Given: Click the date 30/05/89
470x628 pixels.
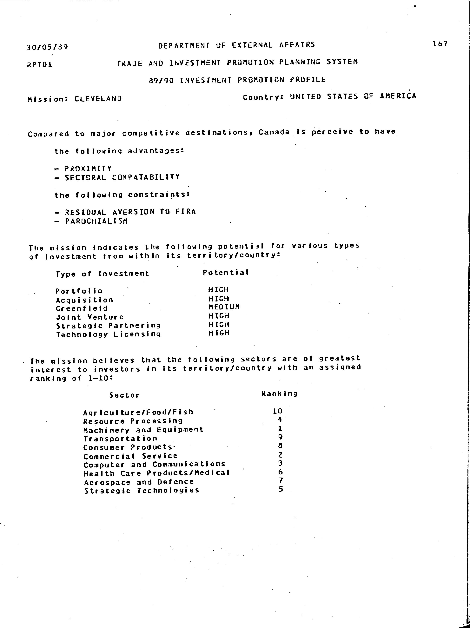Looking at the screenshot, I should click(x=47, y=47).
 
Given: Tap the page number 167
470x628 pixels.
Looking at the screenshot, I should click(x=440, y=44).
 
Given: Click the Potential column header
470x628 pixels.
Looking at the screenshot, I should click(x=226, y=273).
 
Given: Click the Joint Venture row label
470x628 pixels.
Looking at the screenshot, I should click(x=90, y=317).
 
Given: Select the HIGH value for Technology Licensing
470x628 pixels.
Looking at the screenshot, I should click(x=219, y=333).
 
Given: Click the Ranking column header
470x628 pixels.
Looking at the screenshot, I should click(x=279, y=393).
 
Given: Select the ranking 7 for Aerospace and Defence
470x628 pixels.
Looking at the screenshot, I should click(x=281, y=480).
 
